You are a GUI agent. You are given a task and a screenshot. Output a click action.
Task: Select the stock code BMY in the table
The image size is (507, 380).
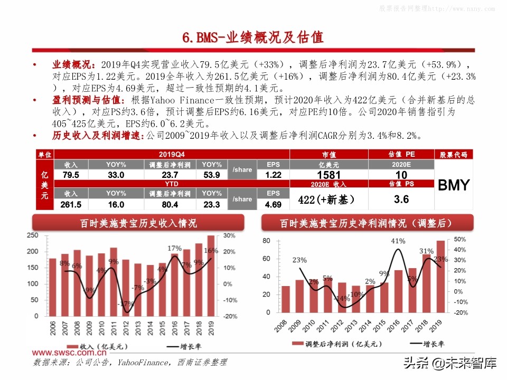pos(453,185)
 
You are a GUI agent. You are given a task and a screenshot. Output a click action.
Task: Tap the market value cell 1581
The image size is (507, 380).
pos(328,175)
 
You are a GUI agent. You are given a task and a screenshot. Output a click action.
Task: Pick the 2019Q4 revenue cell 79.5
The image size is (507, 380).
pos(71,175)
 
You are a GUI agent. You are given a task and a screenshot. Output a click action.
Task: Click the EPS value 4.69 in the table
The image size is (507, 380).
pos(273,204)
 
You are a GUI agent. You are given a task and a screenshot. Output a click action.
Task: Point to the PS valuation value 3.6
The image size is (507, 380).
pos(401,199)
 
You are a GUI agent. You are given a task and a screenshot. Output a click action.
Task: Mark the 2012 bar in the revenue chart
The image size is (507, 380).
pos(126,288)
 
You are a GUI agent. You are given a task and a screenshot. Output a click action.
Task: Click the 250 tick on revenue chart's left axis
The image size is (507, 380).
pos(33,235)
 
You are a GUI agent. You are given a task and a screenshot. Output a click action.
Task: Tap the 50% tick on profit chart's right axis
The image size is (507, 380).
pos(460,239)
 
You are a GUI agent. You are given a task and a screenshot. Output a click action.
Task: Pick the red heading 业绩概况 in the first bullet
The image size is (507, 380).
pos(73,64)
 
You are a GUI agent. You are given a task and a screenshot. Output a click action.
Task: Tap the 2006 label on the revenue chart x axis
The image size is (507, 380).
pos(52,331)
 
